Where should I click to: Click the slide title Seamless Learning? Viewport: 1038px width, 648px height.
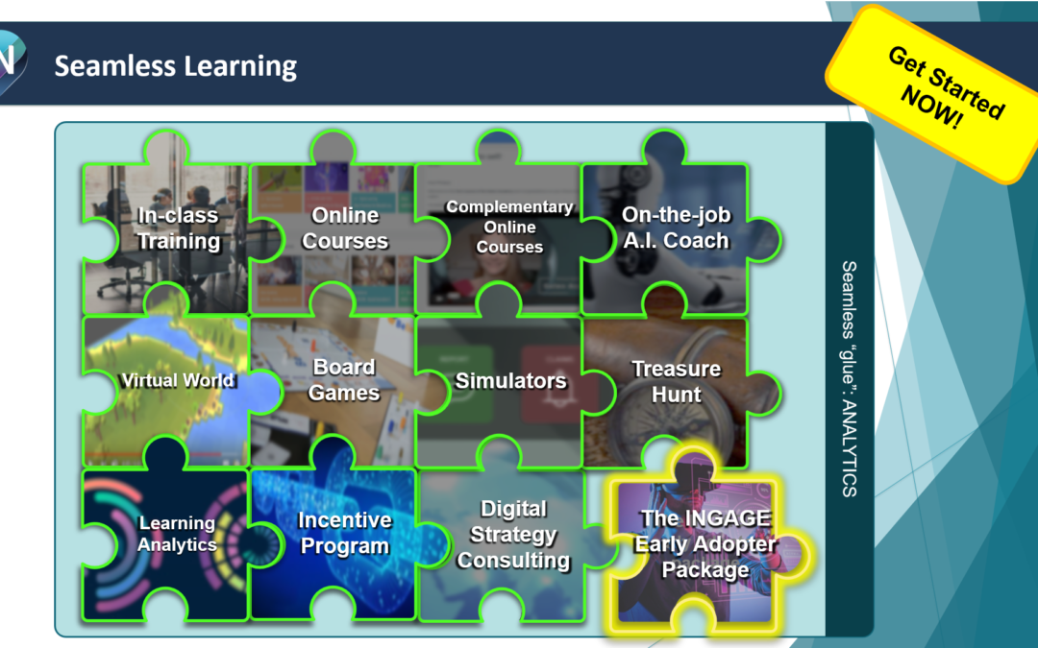tap(175, 66)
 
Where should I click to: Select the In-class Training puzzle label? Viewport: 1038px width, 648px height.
tap(178, 228)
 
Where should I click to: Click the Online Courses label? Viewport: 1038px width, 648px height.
tap(345, 228)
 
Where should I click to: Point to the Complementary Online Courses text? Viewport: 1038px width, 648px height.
tap(509, 228)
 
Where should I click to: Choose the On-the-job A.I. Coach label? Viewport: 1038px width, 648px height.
tap(676, 228)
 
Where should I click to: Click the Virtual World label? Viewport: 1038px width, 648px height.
tap(177, 380)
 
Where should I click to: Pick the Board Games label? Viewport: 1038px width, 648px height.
tap(344, 380)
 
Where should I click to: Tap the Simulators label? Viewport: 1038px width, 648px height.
tap(510, 381)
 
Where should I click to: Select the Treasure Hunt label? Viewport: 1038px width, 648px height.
tap(676, 381)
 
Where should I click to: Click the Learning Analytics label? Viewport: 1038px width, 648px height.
tap(177, 534)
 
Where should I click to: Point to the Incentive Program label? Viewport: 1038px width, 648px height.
tap(344, 533)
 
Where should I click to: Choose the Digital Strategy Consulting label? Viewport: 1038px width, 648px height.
tap(513, 535)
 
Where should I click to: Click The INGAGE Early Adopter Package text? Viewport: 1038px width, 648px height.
tap(705, 544)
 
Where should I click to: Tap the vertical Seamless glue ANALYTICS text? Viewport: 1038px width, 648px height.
tap(849, 378)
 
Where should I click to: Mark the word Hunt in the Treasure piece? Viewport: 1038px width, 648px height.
tap(676, 394)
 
